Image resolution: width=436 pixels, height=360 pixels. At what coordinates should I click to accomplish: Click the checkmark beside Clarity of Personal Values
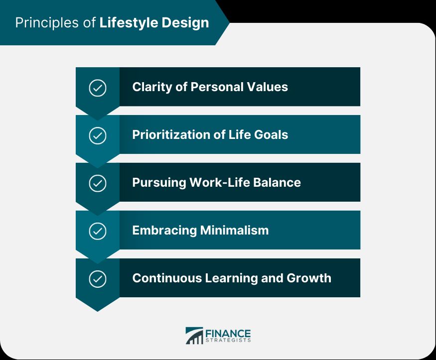[97, 88]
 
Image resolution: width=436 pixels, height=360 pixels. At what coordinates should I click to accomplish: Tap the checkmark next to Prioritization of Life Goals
[97, 135]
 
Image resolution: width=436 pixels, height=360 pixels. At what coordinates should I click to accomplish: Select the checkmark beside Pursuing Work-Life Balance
[97, 183]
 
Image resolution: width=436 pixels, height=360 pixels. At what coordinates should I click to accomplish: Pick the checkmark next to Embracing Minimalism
[97, 231]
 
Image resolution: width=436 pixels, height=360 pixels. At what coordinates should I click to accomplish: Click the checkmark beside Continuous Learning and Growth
[97, 279]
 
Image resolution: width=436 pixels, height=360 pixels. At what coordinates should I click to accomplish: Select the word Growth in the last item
[309, 278]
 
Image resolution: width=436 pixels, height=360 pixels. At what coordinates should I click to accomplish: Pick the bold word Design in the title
[188, 23]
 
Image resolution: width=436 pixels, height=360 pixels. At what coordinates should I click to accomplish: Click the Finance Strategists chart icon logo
[194, 335]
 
